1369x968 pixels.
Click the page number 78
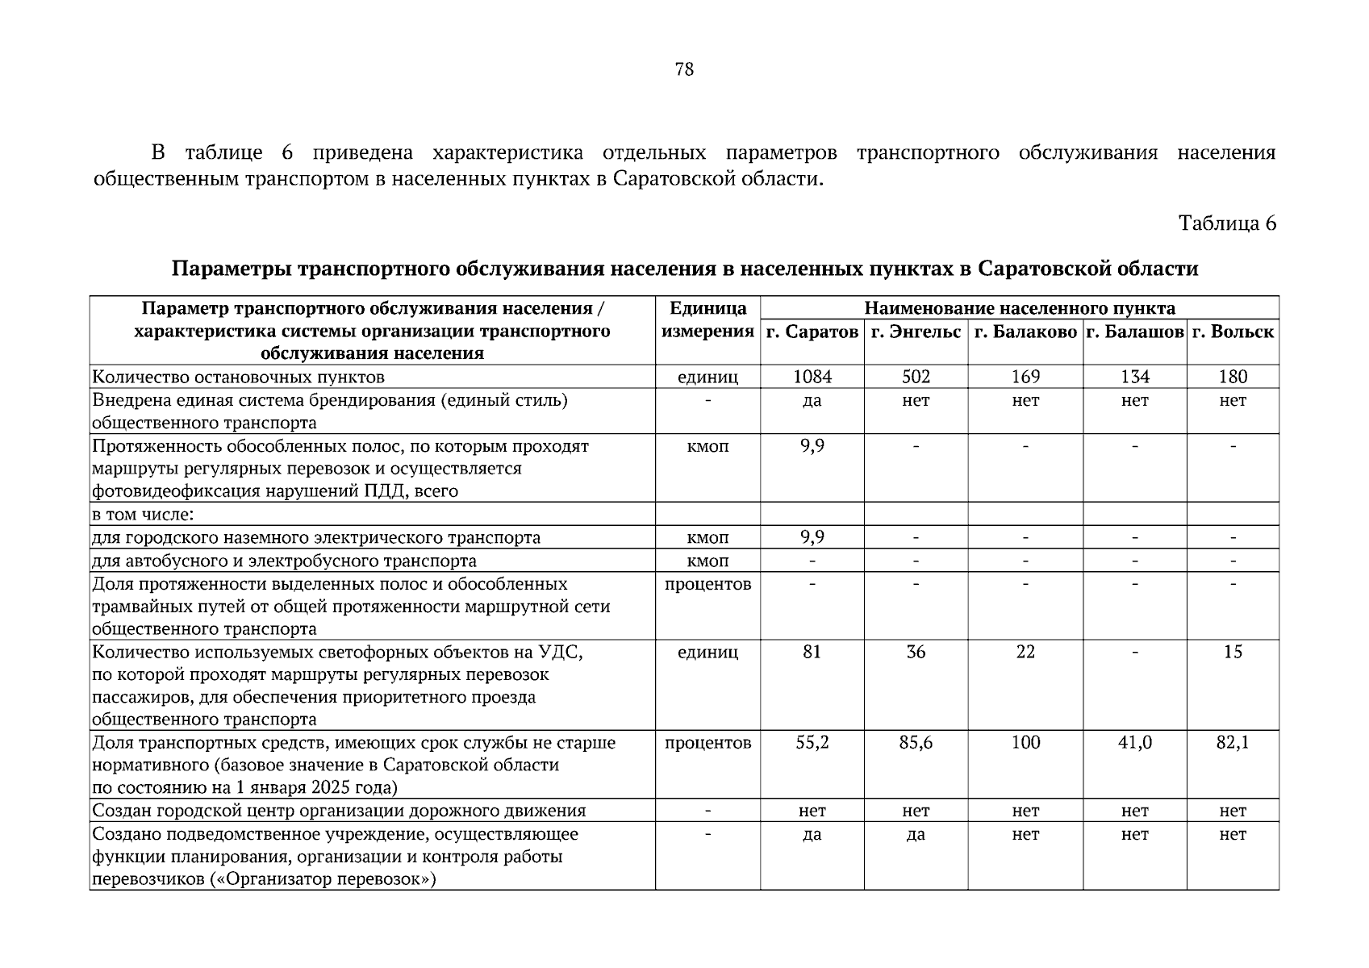(x=683, y=69)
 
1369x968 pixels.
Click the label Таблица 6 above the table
(x=1227, y=223)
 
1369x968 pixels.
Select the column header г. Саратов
(x=812, y=332)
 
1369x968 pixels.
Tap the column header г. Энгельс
(x=916, y=332)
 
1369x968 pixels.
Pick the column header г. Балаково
(x=1025, y=332)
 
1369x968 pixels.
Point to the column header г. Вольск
(x=1233, y=332)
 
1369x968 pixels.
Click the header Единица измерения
(x=707, y=320)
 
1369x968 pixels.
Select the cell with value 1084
(x=812, y=377)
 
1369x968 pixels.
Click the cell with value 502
(x=916, y=377)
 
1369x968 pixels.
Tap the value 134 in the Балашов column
(x=1134, y=377)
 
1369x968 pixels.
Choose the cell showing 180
(x=1233, y=377)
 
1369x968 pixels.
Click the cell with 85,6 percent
(x=916, y=743)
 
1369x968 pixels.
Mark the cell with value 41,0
(x=1134, y=743)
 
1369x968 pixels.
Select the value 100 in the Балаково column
(x=1025, y=743)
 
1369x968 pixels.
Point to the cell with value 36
(x=916, y=652)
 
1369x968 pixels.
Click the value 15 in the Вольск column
(x=1233, y=652)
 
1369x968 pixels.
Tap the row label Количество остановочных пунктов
(x=239, y=377)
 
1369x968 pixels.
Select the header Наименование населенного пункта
(x=1019, y=308)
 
